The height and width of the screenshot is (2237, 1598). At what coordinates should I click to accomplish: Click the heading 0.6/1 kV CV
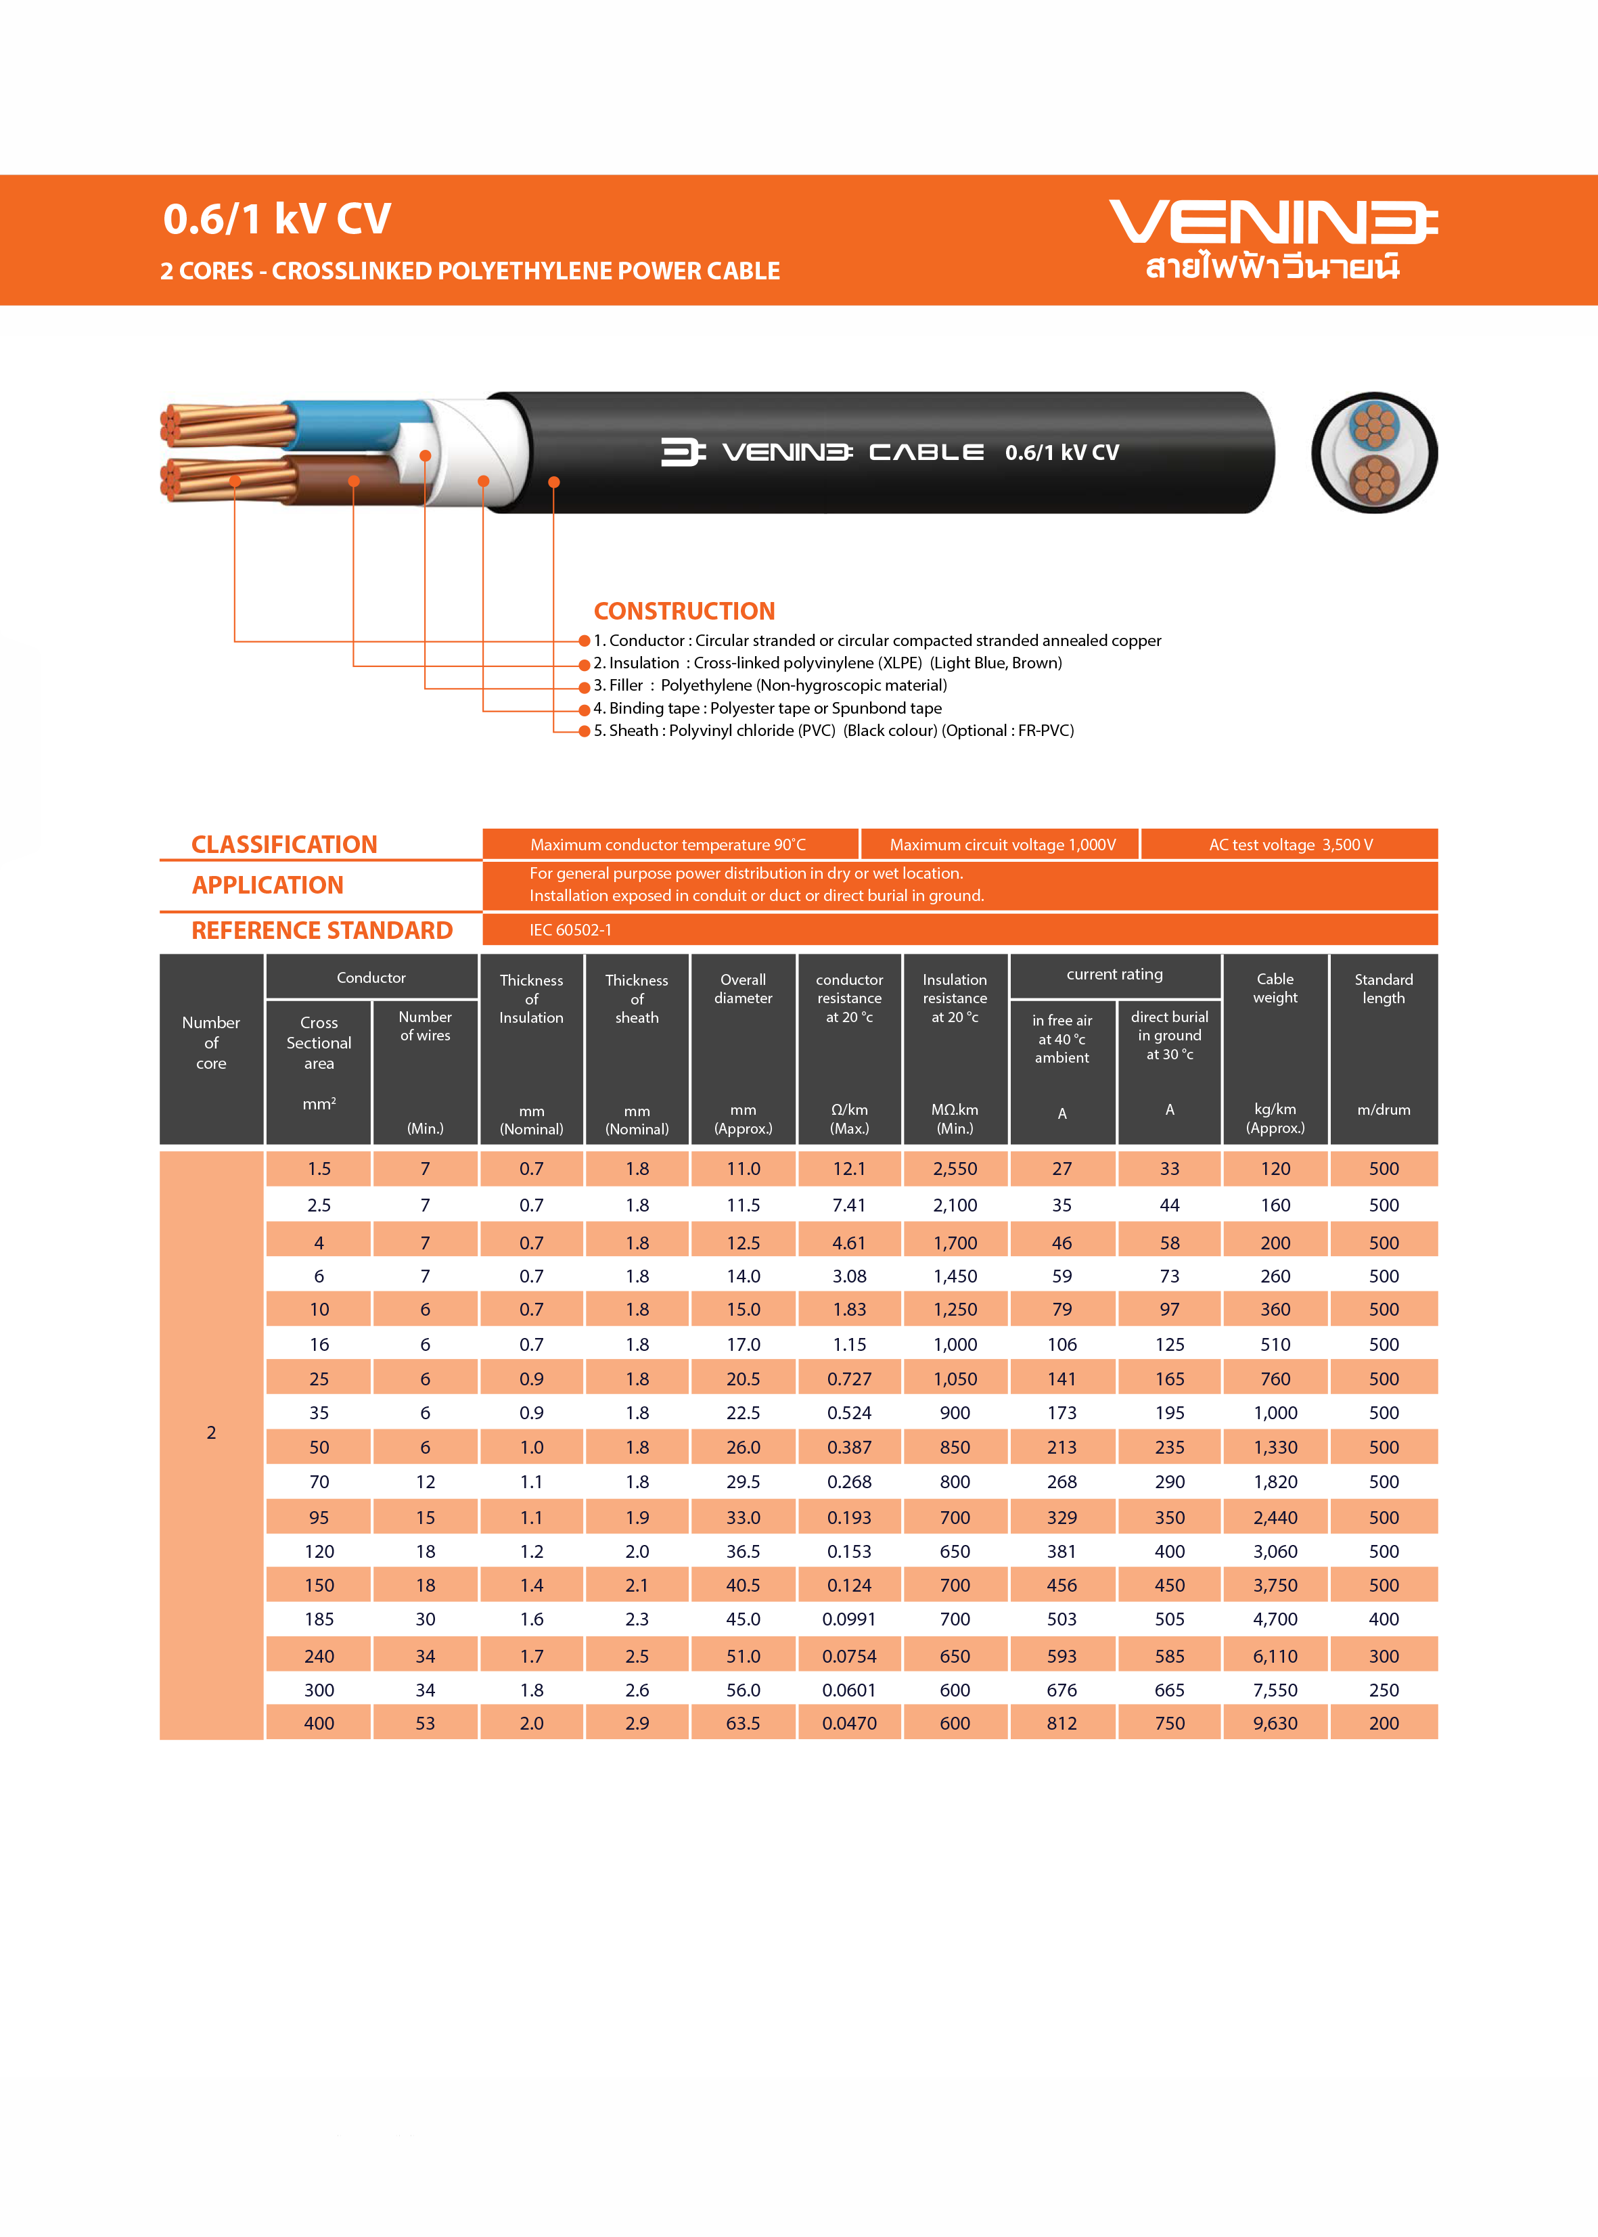tap(277, 218)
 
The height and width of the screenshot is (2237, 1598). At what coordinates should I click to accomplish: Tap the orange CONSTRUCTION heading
tap(684, 611)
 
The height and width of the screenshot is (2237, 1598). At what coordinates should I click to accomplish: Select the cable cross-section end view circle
tap(1373, 453)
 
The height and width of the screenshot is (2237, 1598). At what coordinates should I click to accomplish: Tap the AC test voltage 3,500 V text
tap(1290, 845)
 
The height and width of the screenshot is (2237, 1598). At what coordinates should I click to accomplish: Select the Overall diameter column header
tap(743, 989)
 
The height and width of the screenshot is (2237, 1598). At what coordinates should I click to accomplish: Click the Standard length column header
tap(1384, 989)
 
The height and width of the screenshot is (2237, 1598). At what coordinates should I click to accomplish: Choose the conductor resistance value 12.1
tap(849, 1169)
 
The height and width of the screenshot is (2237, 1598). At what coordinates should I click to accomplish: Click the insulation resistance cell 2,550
tap(955, 1169)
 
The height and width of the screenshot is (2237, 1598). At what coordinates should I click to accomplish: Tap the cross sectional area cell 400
tap(319, 1724)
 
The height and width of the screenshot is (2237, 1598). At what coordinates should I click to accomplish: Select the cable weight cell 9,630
tap(1275, 1724)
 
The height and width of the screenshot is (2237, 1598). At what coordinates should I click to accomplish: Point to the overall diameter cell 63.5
tap(743, 1724)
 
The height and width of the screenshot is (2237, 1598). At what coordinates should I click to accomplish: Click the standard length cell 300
tap(1384, 1657)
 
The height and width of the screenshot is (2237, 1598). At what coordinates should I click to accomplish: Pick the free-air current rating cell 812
tap(1061, 1724)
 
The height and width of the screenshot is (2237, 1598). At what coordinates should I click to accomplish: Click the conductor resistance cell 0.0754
tap(849, 1657)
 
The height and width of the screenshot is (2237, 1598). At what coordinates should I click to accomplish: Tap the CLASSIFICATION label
tap(284, 845)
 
